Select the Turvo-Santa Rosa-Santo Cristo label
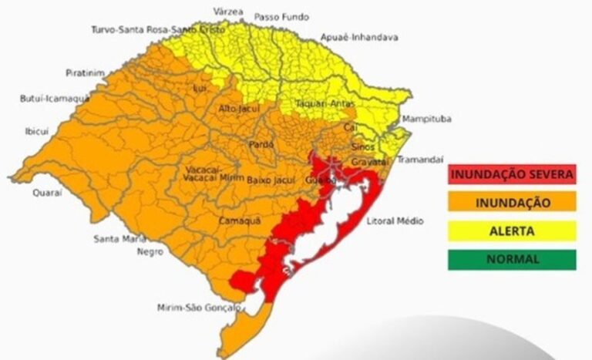pos(158,29)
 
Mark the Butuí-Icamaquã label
pos(54,99)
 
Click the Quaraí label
pos(47,193)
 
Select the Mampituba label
pos(426,119)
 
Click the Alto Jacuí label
pos(238,109)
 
